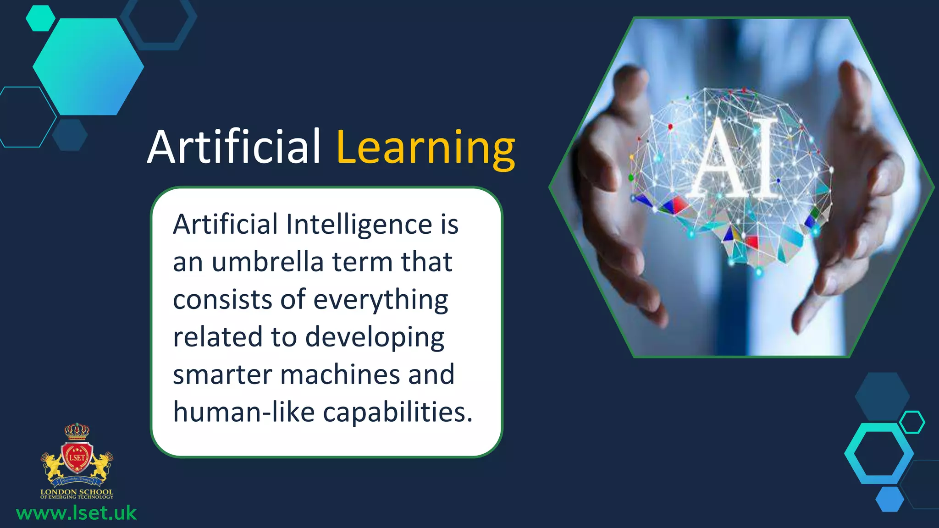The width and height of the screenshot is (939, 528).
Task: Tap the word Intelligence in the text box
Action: click(x=359, y=225)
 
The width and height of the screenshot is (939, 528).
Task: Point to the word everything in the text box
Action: click(x=381, y=300)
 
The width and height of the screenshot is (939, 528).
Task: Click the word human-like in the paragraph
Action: click(x=244, y=412)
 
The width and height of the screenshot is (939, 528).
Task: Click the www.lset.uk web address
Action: click(x=77, y=513)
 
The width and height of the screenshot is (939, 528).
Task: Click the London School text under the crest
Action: click(x=77, y=492)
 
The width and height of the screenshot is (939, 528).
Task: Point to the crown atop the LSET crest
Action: click(x=77, y=430)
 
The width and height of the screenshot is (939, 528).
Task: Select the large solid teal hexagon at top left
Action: click(x=88, y=67)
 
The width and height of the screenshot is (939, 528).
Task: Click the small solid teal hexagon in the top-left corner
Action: click(x=40, y=18)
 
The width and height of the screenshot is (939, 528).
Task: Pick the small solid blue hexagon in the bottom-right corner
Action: click(x=889, y=499)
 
